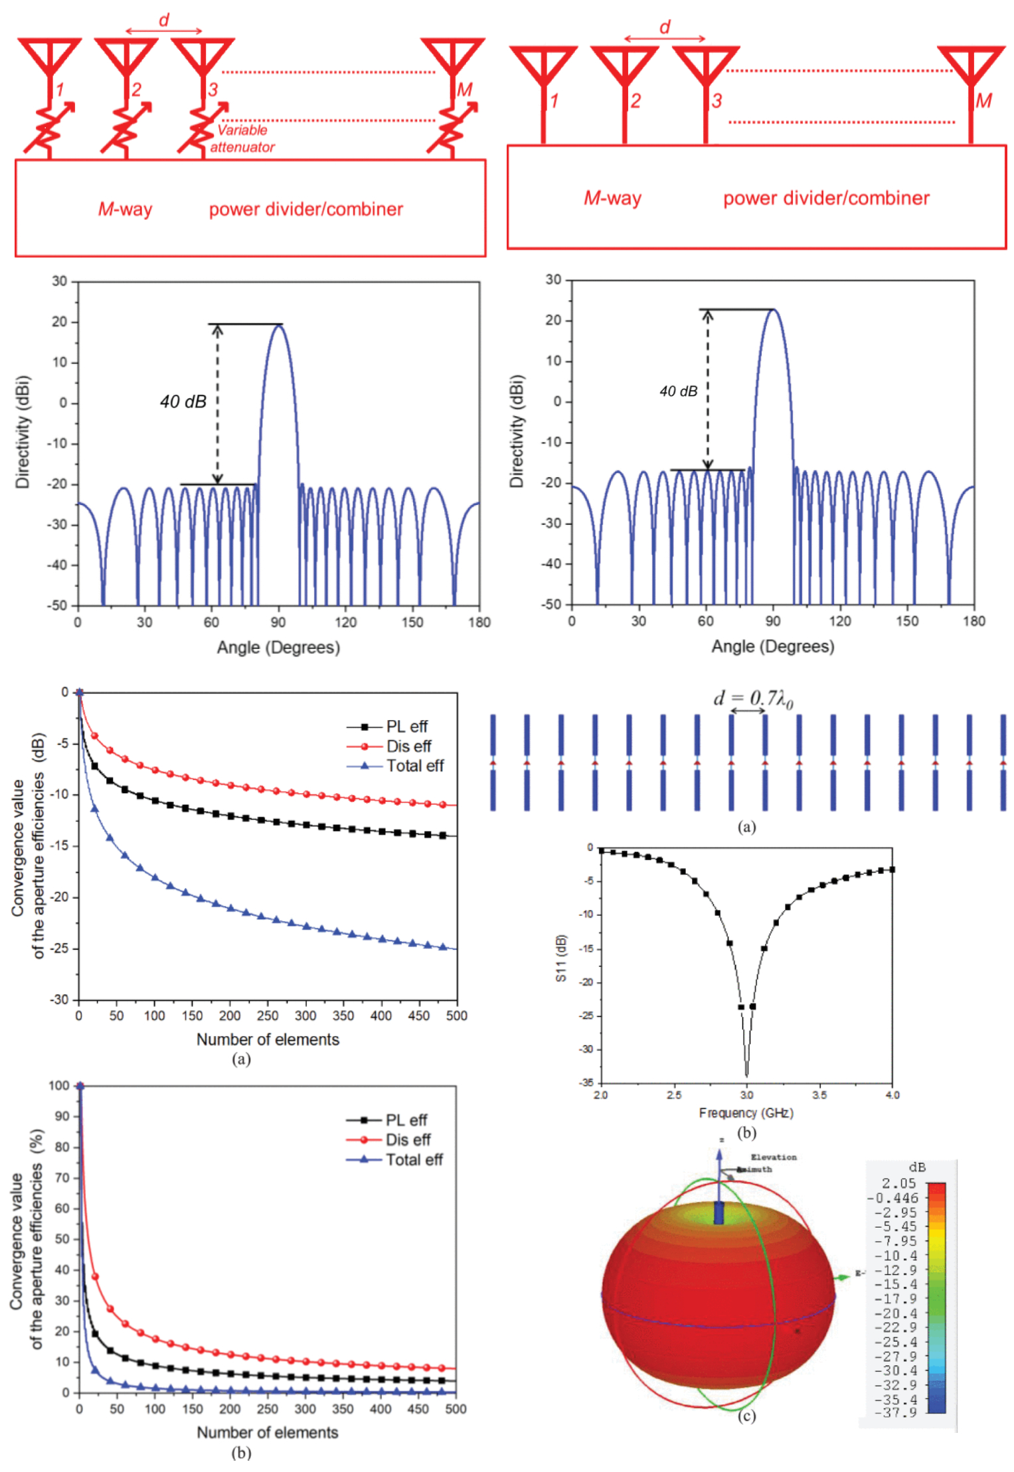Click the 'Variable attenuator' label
tap(242, 139)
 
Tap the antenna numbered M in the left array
tap(452, 60)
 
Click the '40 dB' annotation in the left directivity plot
tap(183, 402)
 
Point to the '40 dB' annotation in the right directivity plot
tap(678, 392)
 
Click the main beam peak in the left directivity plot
tap(278, 325)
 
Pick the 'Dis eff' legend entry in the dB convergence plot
tap(408, 746)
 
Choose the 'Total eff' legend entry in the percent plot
tap(414, 1159)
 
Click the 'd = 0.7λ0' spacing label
tap(752, 698)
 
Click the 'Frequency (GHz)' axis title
tap(746, 1112)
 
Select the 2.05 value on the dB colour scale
tap(898, 1183)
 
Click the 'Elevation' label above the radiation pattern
tap(774, 1157)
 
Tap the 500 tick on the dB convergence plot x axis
tap(456, 1015)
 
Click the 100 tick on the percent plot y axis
tap(59, 1085)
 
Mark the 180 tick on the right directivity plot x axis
tap(973, 621)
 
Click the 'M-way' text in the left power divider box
tap(125, 209)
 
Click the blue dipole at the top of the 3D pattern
tap(718, 1212)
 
